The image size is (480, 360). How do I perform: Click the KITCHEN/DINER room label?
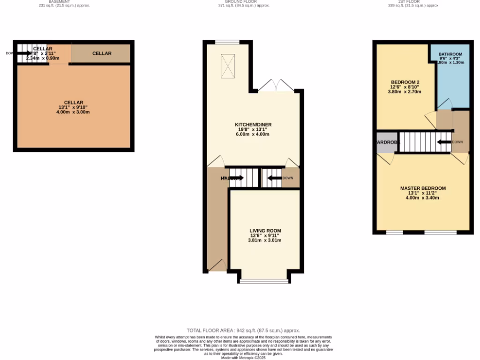tap(253, 125)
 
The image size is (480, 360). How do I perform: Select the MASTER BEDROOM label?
tap(423, 188)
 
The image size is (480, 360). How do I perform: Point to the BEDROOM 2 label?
tap(405, 82)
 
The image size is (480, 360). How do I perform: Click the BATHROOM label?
tap(450, 54)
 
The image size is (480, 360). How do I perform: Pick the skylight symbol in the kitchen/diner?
tap(228, 66)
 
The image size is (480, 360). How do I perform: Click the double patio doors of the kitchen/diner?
tap(277, 86)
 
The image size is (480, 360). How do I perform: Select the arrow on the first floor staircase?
tap(443, 142)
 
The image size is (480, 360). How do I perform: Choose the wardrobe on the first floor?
tap(386, 142)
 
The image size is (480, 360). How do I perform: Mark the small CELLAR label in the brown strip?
tap(102, 53)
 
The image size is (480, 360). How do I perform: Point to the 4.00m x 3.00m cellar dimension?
tap(74, 112)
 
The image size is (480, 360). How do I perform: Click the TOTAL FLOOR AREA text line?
tap(243, 330)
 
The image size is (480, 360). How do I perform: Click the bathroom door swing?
tap(444, 104)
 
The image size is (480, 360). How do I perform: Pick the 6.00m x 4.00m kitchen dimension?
tap(253, 134)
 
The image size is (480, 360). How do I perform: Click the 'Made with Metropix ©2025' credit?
tap(243, 358)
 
